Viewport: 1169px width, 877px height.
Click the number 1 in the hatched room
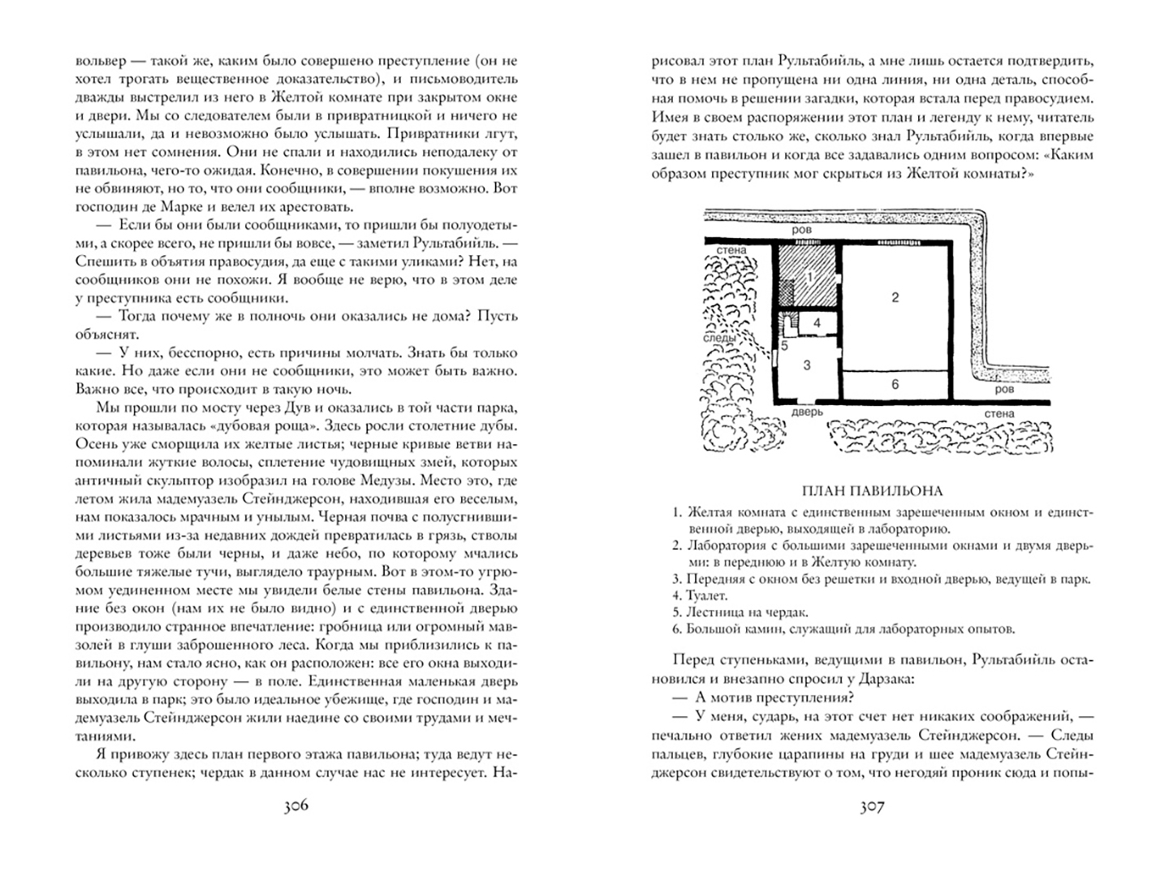click(809, 276)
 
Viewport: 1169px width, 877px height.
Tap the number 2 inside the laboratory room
click(895, 297)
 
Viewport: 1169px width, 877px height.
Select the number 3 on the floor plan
click(807, 365)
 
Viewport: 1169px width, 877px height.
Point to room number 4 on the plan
click(817, 322)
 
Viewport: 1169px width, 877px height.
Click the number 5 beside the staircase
click(785, 346)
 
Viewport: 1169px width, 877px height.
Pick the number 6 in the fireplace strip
click(895, 384)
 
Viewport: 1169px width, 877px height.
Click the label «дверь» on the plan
click(807, 412)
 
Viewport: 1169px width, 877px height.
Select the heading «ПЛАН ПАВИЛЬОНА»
click(872, 490)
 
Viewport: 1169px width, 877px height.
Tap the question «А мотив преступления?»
click(768, 698)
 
